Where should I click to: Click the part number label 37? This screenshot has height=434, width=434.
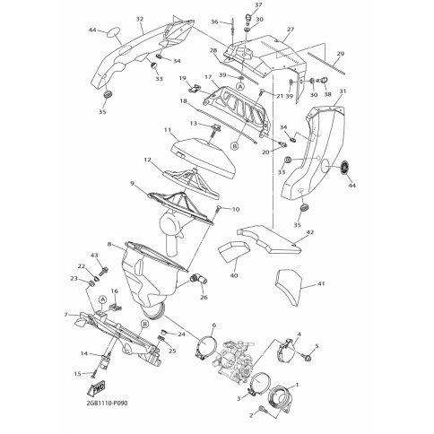tap(258, 5)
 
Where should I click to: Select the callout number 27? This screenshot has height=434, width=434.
tap(291, 30)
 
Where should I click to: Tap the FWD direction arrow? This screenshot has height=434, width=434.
tap(96, 389)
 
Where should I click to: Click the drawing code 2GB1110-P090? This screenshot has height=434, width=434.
tap(107, 404)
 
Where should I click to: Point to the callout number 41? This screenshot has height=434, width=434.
tap(321, 283)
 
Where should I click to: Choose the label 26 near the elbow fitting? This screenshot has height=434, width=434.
tap(204, 298)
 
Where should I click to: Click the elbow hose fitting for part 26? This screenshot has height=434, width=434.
tap(198, 280)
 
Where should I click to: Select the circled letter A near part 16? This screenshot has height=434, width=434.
tap(102, 299)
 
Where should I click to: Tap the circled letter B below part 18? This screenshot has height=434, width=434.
tap(235, 146)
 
